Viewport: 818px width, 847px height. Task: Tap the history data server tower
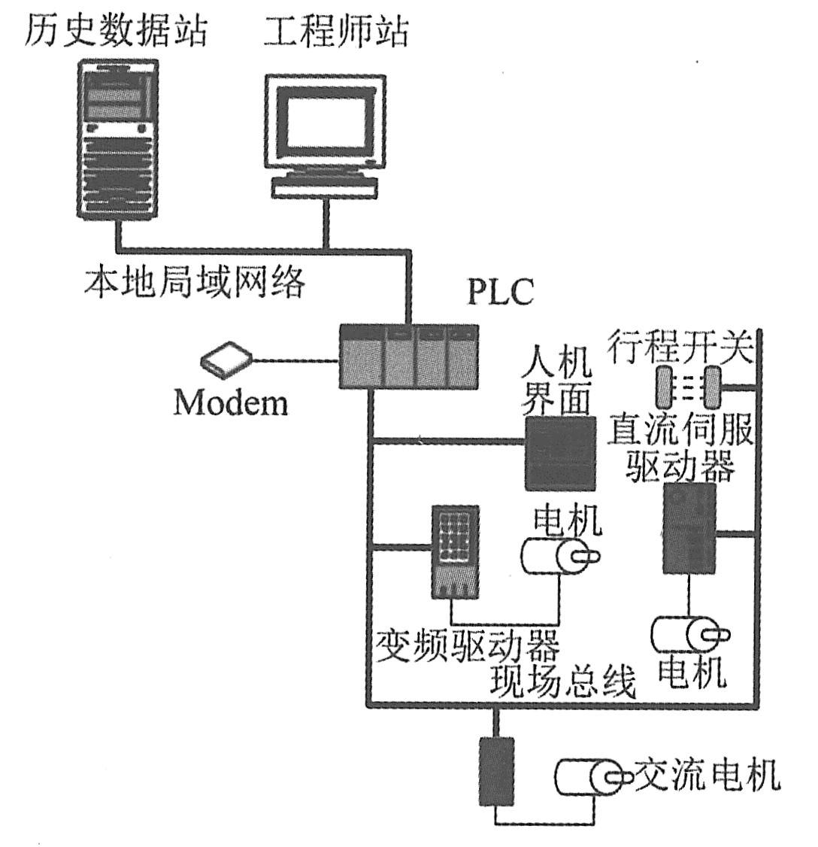tap(118, 140)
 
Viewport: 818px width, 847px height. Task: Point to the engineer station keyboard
tap(324, 187)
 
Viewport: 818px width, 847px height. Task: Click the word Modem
tap(231, 402)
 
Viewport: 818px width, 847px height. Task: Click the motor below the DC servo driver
tap(688, 634)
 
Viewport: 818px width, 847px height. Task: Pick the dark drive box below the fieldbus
tap(496, 770)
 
